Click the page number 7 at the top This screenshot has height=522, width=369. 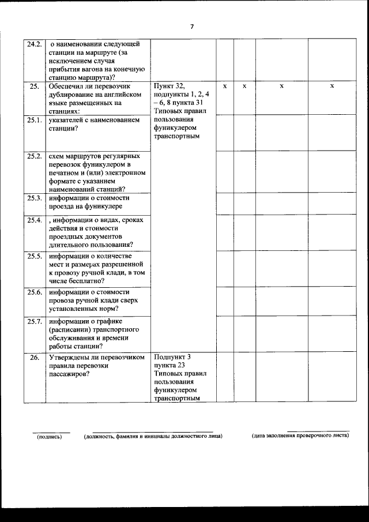[192, 26]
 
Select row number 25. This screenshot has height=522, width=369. [34, 86]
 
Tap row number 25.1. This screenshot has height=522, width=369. [34, 120]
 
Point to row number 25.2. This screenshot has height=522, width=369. [34, 156]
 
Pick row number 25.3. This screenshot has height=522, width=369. [34, 198]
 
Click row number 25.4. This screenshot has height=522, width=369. [34, 220]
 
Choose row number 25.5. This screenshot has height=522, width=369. [34, 256]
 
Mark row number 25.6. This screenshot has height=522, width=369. [34, 292]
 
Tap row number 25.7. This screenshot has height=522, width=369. [34, 321]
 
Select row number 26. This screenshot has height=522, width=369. [34, 358]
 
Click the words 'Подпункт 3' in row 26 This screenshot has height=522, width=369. [172, 357]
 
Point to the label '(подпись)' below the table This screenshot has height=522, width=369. [50, 436]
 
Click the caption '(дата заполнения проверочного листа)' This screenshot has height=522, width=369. [300, 435]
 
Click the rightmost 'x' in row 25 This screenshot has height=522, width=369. [332, 86]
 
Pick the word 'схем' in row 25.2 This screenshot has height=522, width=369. [57, 156]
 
